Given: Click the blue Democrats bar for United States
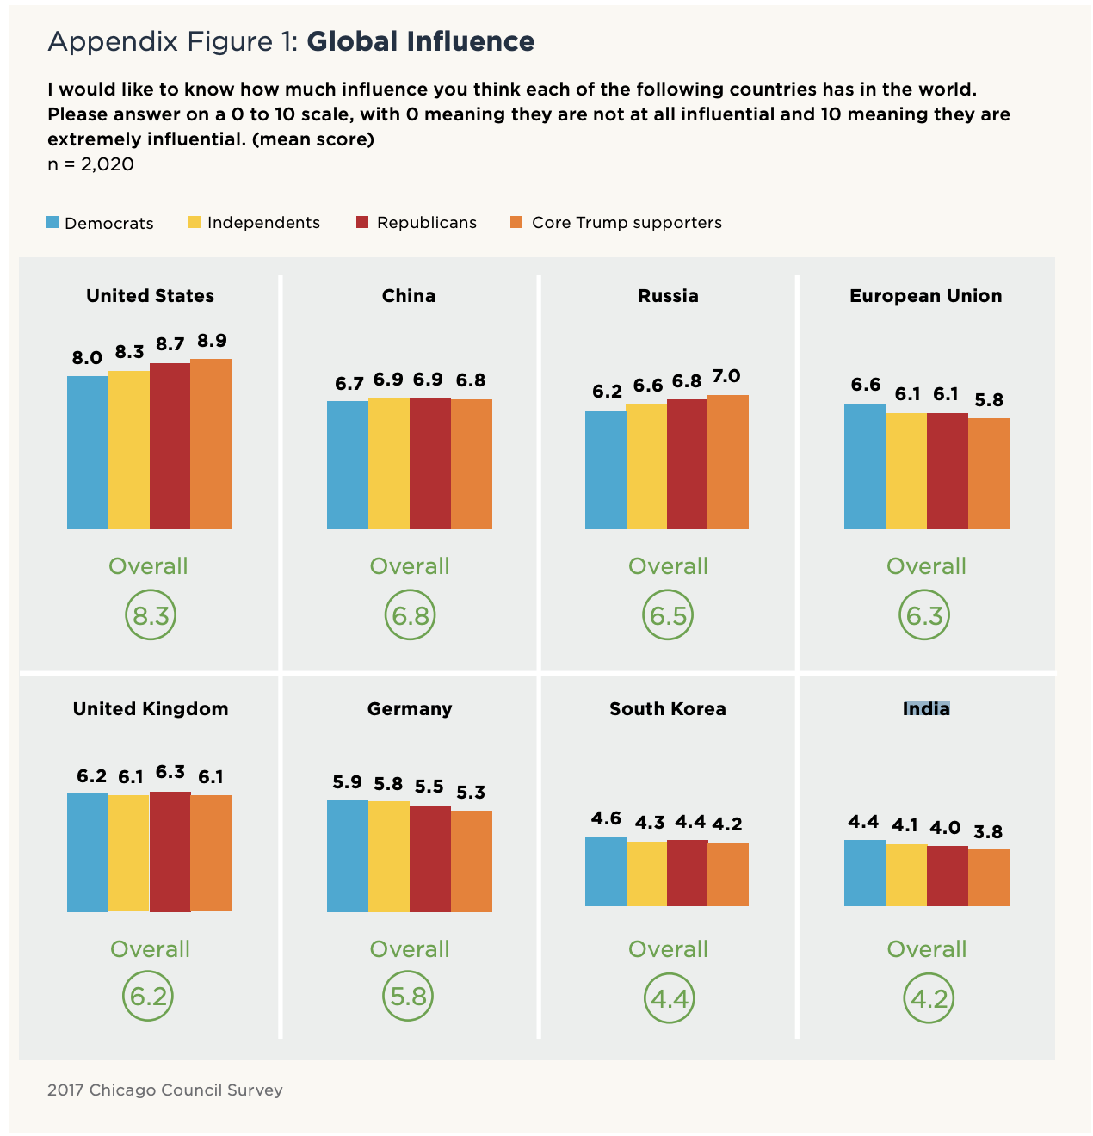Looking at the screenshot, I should [88, 452].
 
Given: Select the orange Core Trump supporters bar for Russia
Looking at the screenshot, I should [728, 462].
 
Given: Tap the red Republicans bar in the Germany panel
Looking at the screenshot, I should [430, 858].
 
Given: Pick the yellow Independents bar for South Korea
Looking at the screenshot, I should [646, 874].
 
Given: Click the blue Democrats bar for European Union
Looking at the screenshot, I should [865, 466].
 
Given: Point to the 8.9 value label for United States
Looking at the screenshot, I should [212, 341].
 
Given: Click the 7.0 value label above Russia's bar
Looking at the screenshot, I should [726, 376].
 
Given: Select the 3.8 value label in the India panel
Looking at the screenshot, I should [988, 832].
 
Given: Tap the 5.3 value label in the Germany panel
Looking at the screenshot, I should [471, 793].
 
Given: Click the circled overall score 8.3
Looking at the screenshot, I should [151, 615].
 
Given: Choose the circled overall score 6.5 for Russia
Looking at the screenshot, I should [668, 615].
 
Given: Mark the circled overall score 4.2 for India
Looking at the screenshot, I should [929, 998].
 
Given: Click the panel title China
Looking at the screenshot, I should [409, 296].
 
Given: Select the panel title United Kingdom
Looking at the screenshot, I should [151, 709].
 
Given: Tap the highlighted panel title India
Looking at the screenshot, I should [926, 709].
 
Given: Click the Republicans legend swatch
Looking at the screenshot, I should [362, 223].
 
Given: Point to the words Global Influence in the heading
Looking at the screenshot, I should [421, 41].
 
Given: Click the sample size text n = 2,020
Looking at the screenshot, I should [90, 164].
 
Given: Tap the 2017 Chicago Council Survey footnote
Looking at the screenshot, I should [165, 1090].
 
